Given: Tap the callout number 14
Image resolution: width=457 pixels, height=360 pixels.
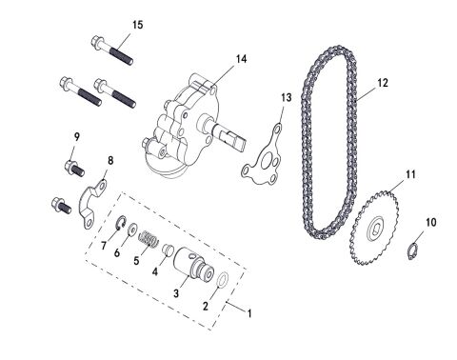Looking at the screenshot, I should pyautogui.click(x=241, y=58).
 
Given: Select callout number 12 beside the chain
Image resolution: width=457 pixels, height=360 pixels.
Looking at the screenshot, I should pyautogui.click(x=382, y=83).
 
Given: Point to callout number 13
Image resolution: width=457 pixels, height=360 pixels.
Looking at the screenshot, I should pyautogui.click(x=286, y=98).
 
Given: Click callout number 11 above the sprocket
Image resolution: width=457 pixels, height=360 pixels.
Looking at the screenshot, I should pyautogui.click(x=410, y=174).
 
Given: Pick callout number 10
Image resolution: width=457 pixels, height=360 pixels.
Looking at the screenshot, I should pyautogui.click(x=430, y=222).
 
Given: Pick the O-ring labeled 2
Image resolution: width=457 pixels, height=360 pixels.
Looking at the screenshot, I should pyautogui.click(x=222, y=282).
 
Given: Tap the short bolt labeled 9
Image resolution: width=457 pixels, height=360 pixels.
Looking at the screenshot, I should pyautogui.click(x=73, y=170).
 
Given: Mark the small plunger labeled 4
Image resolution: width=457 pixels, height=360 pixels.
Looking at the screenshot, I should pyautogui.click(x=169, y=250).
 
